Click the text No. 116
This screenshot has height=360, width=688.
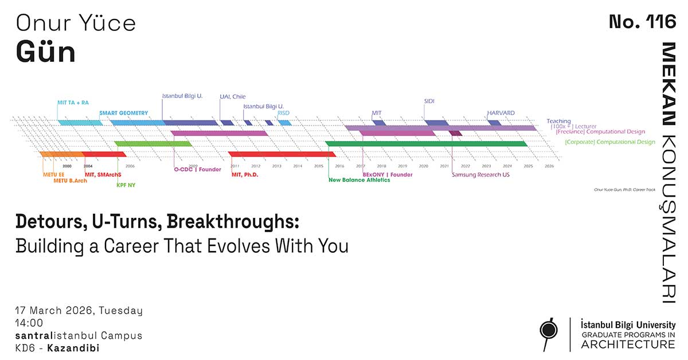coord(642,23)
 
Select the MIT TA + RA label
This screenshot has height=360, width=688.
coord(73,103)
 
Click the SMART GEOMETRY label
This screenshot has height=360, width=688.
coord(123,113)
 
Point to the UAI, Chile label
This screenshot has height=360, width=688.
coord(233,97)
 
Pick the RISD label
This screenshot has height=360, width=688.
coord(283,114)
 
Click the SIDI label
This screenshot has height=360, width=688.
coord(429,101)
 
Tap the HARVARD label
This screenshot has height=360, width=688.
coord(501,113)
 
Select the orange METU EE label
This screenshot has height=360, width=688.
coord(53,174)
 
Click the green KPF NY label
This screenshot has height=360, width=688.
coord(126,185)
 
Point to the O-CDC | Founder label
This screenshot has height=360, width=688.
coord(197,169)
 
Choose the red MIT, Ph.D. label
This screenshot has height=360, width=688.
coord(245,174)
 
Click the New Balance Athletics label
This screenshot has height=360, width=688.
coord(359,180)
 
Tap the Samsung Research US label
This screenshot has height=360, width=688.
coord(480,175)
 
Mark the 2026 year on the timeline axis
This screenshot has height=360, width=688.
coord(549,166)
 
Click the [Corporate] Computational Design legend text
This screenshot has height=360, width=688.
coord(609,142)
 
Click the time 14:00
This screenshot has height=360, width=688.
coord(29,323)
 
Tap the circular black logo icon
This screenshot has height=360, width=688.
coord(550,331)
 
